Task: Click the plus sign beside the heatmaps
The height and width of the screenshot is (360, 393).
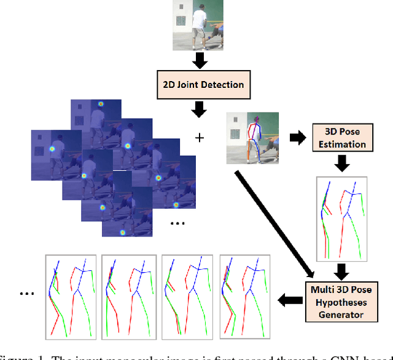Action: (x=199, y=138)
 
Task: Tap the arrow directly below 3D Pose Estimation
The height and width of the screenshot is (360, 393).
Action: (x=341, y=164)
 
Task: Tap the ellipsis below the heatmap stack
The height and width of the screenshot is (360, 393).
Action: (x=177, y=223)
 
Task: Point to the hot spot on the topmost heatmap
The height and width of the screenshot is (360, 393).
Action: (x=101, y=105)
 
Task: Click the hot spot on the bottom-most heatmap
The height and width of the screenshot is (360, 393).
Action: (x=122, y=232)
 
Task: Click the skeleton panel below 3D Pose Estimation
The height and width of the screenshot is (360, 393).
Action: (x=341, y=217)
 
